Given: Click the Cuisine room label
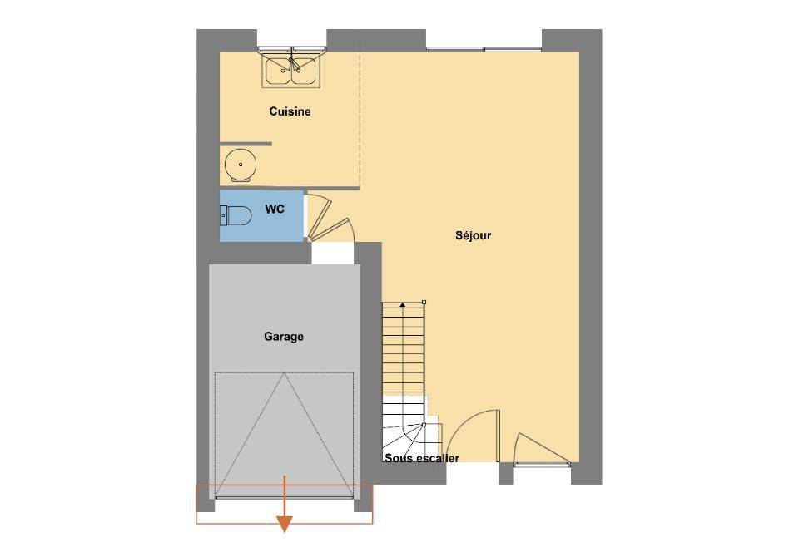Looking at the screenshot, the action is [x=290, y=111].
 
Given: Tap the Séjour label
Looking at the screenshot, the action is [x=474, y=235].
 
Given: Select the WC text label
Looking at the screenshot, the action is [x=275, y=209].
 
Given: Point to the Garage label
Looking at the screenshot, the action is [x=284, y=337].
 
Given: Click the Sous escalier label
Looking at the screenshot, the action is [x=422, y=458].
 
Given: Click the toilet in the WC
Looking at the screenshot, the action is [x=236, y=215].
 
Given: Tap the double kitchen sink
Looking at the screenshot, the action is [x=291, y=70].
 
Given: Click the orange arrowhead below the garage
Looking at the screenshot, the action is [x=285, y=524].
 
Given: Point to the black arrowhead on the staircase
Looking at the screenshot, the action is [x=403, y=305].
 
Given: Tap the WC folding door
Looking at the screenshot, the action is [x=326, y=219].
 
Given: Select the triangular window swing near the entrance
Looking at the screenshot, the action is [x=541, y=448].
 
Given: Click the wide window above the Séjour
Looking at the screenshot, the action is [x=484, y=49].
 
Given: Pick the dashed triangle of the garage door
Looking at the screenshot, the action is [x=284, y=435].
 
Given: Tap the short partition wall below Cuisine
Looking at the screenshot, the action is [x=246, y=144].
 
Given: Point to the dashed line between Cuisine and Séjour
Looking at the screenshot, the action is [x=360, y=120].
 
